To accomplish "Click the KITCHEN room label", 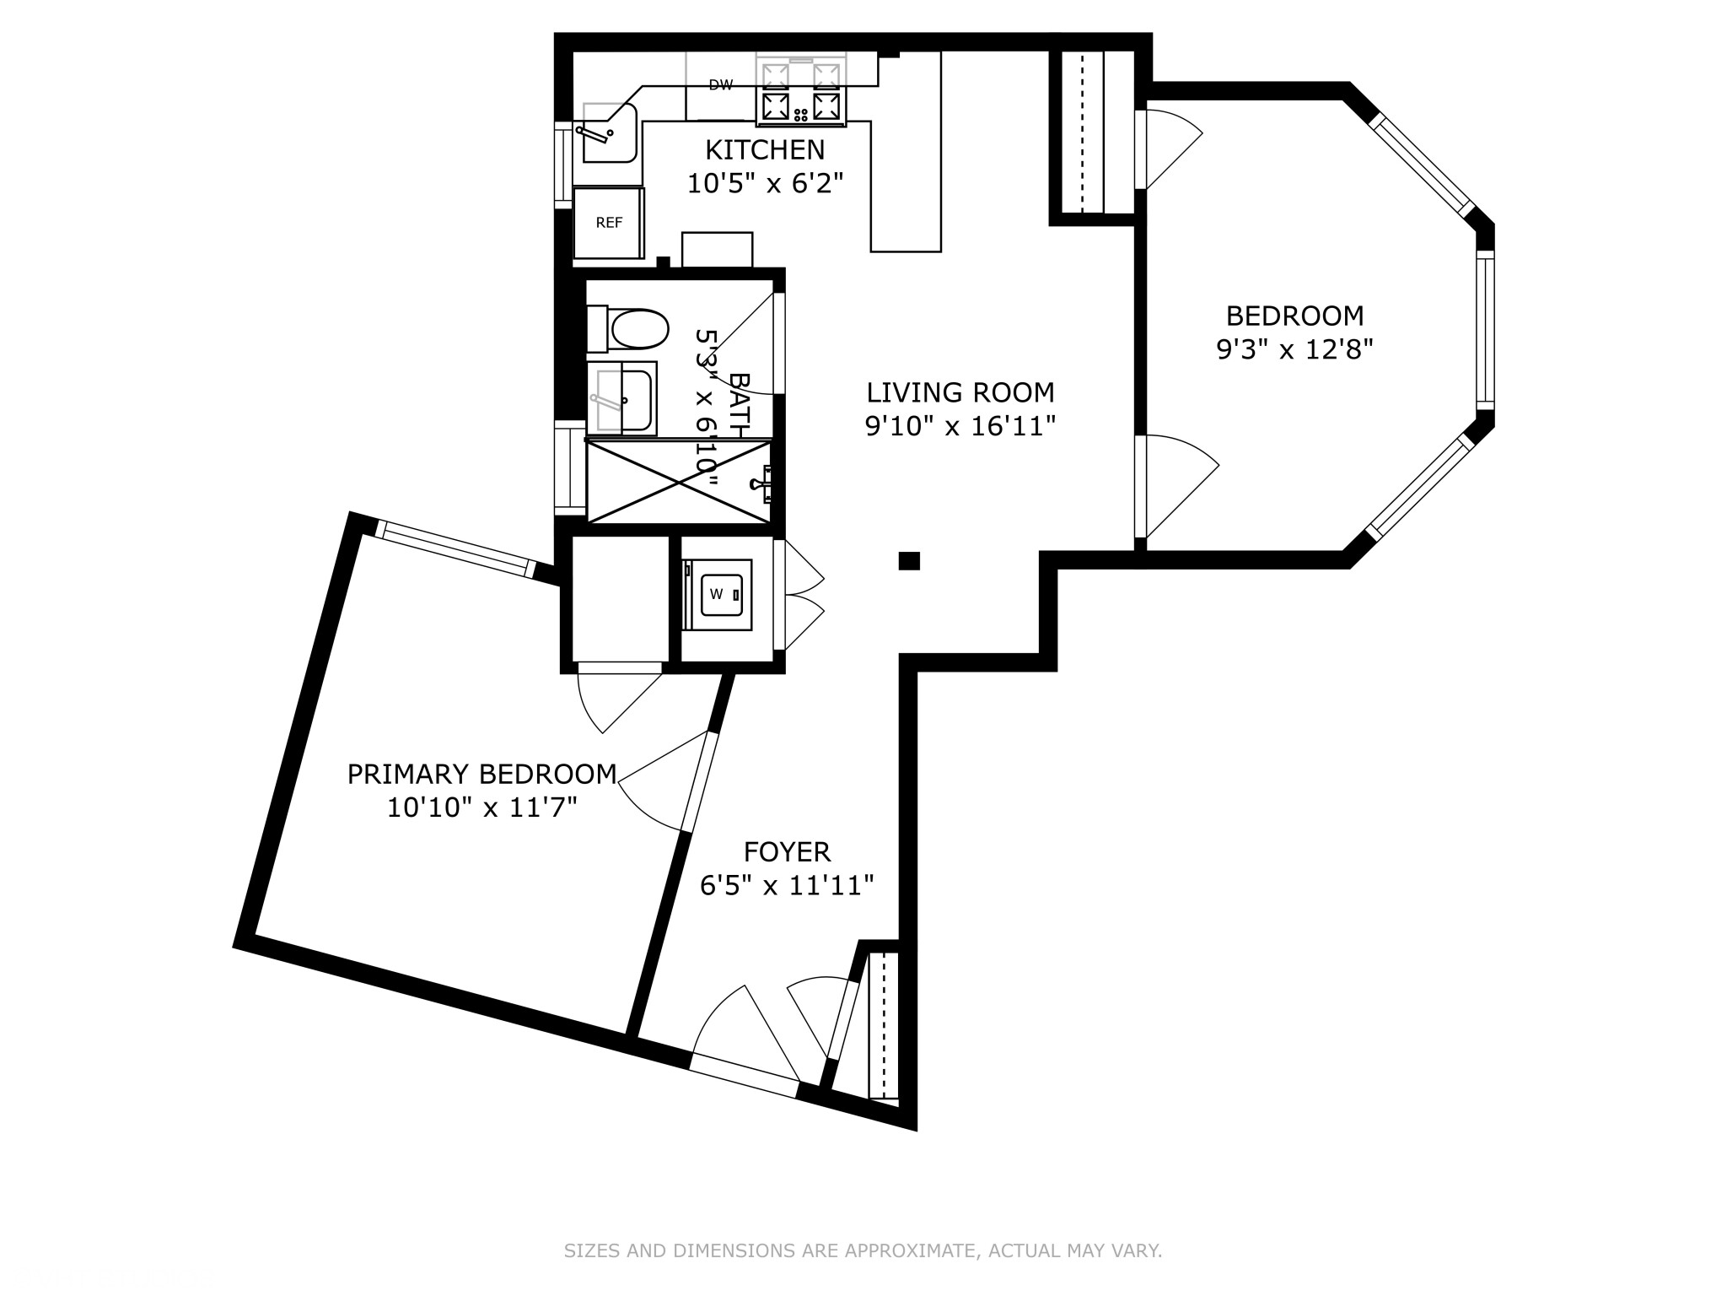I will click(764, 150).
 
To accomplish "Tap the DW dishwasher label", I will click(720, 84).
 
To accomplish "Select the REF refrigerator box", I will click(609, 223).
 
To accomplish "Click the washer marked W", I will click(717, 594).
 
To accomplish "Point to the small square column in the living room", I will click(908, 561).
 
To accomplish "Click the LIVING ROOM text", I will click(960, 392).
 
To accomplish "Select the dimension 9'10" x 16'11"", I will click(960, 426).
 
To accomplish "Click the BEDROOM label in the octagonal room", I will click(1294, 316).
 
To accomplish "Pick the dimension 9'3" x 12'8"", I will click(1294, 349).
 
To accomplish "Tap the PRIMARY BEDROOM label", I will click(482, 774).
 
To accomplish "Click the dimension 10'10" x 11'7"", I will click(482, 807).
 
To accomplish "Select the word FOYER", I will click(787, 851).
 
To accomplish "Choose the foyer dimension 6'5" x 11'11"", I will click(787, 885).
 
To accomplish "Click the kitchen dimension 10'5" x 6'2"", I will click(764, 183).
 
